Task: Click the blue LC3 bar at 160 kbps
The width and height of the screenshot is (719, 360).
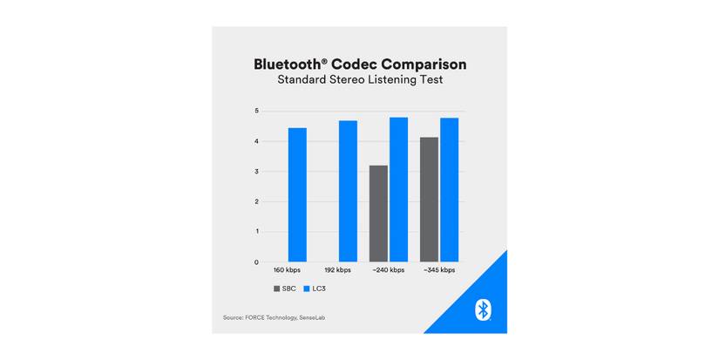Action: click(x=297, y=194)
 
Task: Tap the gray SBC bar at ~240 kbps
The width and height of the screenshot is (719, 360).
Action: click(x=378, y=214)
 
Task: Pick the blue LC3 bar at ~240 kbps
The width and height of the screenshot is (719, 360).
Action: click(x=398, y=189)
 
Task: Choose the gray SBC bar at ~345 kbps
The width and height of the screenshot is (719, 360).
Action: click(x=429, y=200)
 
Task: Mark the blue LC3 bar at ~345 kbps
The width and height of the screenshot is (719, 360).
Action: click(x=449, y=189)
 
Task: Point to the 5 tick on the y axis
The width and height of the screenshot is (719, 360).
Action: click(x=256, y=112)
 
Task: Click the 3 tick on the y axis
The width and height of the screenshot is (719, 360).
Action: click(x=256, y=172)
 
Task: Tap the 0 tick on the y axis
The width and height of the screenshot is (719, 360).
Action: click(x=256, y=262)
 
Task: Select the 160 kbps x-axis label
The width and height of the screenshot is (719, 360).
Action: click(x=288, y=271)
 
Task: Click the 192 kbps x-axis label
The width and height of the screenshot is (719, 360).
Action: click(x=338, y=271)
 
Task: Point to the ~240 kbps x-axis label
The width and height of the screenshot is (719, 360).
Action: click(x=389, y=271)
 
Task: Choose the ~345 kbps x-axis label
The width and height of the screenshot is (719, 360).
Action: click(x=439, y=271)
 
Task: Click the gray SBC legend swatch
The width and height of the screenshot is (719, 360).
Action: click(x=276, y=289)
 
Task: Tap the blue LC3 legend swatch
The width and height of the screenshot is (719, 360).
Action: click(x=306, y=289)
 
